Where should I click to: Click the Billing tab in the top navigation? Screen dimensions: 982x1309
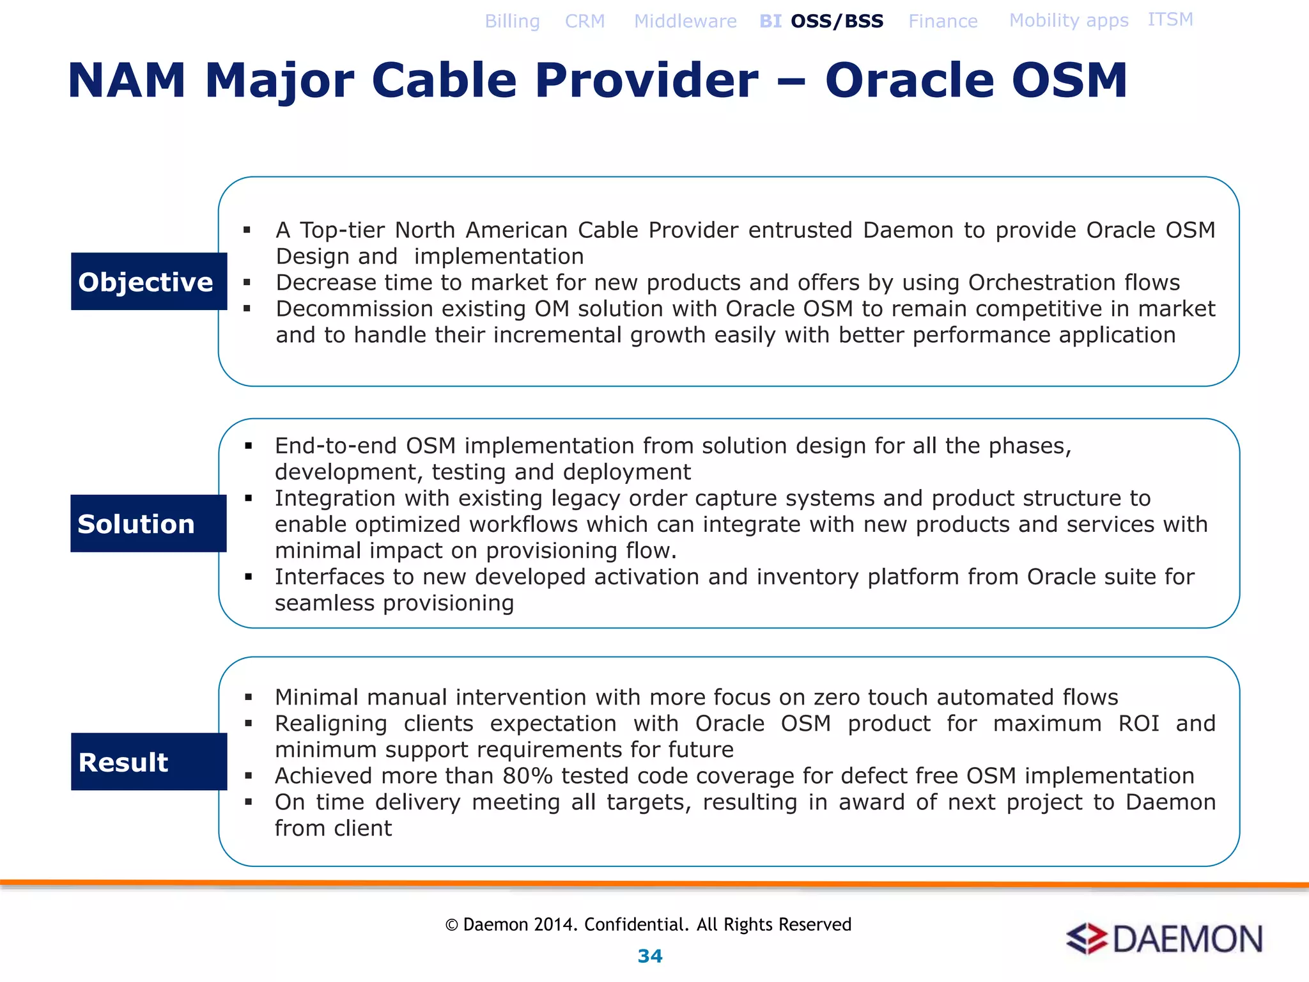click(x=512, y=22)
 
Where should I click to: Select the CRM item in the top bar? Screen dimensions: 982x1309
click(x=584, y=22)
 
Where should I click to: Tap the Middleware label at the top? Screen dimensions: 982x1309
click(x=685, y=22)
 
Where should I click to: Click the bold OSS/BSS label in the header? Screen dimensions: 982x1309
click(x=837, y=22)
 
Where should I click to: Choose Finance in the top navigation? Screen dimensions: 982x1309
click(x=943, y=22)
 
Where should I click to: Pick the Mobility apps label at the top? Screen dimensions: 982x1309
click(x=1069, y=20)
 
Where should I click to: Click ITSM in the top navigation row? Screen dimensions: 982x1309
click(x=1170, y=20)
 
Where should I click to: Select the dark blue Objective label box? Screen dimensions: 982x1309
click(x=148, y=281)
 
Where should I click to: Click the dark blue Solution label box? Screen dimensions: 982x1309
click(x=148, y=523)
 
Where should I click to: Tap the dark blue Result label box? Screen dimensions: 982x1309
click(x=148, y=761)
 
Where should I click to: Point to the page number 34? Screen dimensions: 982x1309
click(x=650, y=956)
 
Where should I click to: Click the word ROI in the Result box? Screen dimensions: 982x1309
click(x=1138, y=723)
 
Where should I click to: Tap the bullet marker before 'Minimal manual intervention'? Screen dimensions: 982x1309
click(x=249, y=698)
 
